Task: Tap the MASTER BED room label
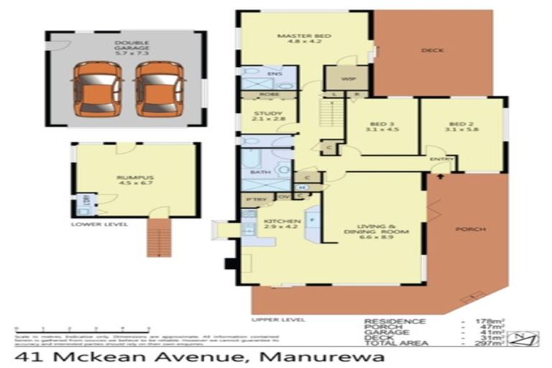pyautogui.click(x=293, y=39)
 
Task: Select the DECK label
pyautogui.click(x=433, y=50)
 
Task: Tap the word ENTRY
pyautogui.click(x=437, y=159)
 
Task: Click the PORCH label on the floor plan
pyautogui.click(x=470, y=229)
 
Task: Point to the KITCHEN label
pyautogui.click(x=277, y=225)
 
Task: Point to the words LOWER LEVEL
pyautogui.click(x=99, y=224)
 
